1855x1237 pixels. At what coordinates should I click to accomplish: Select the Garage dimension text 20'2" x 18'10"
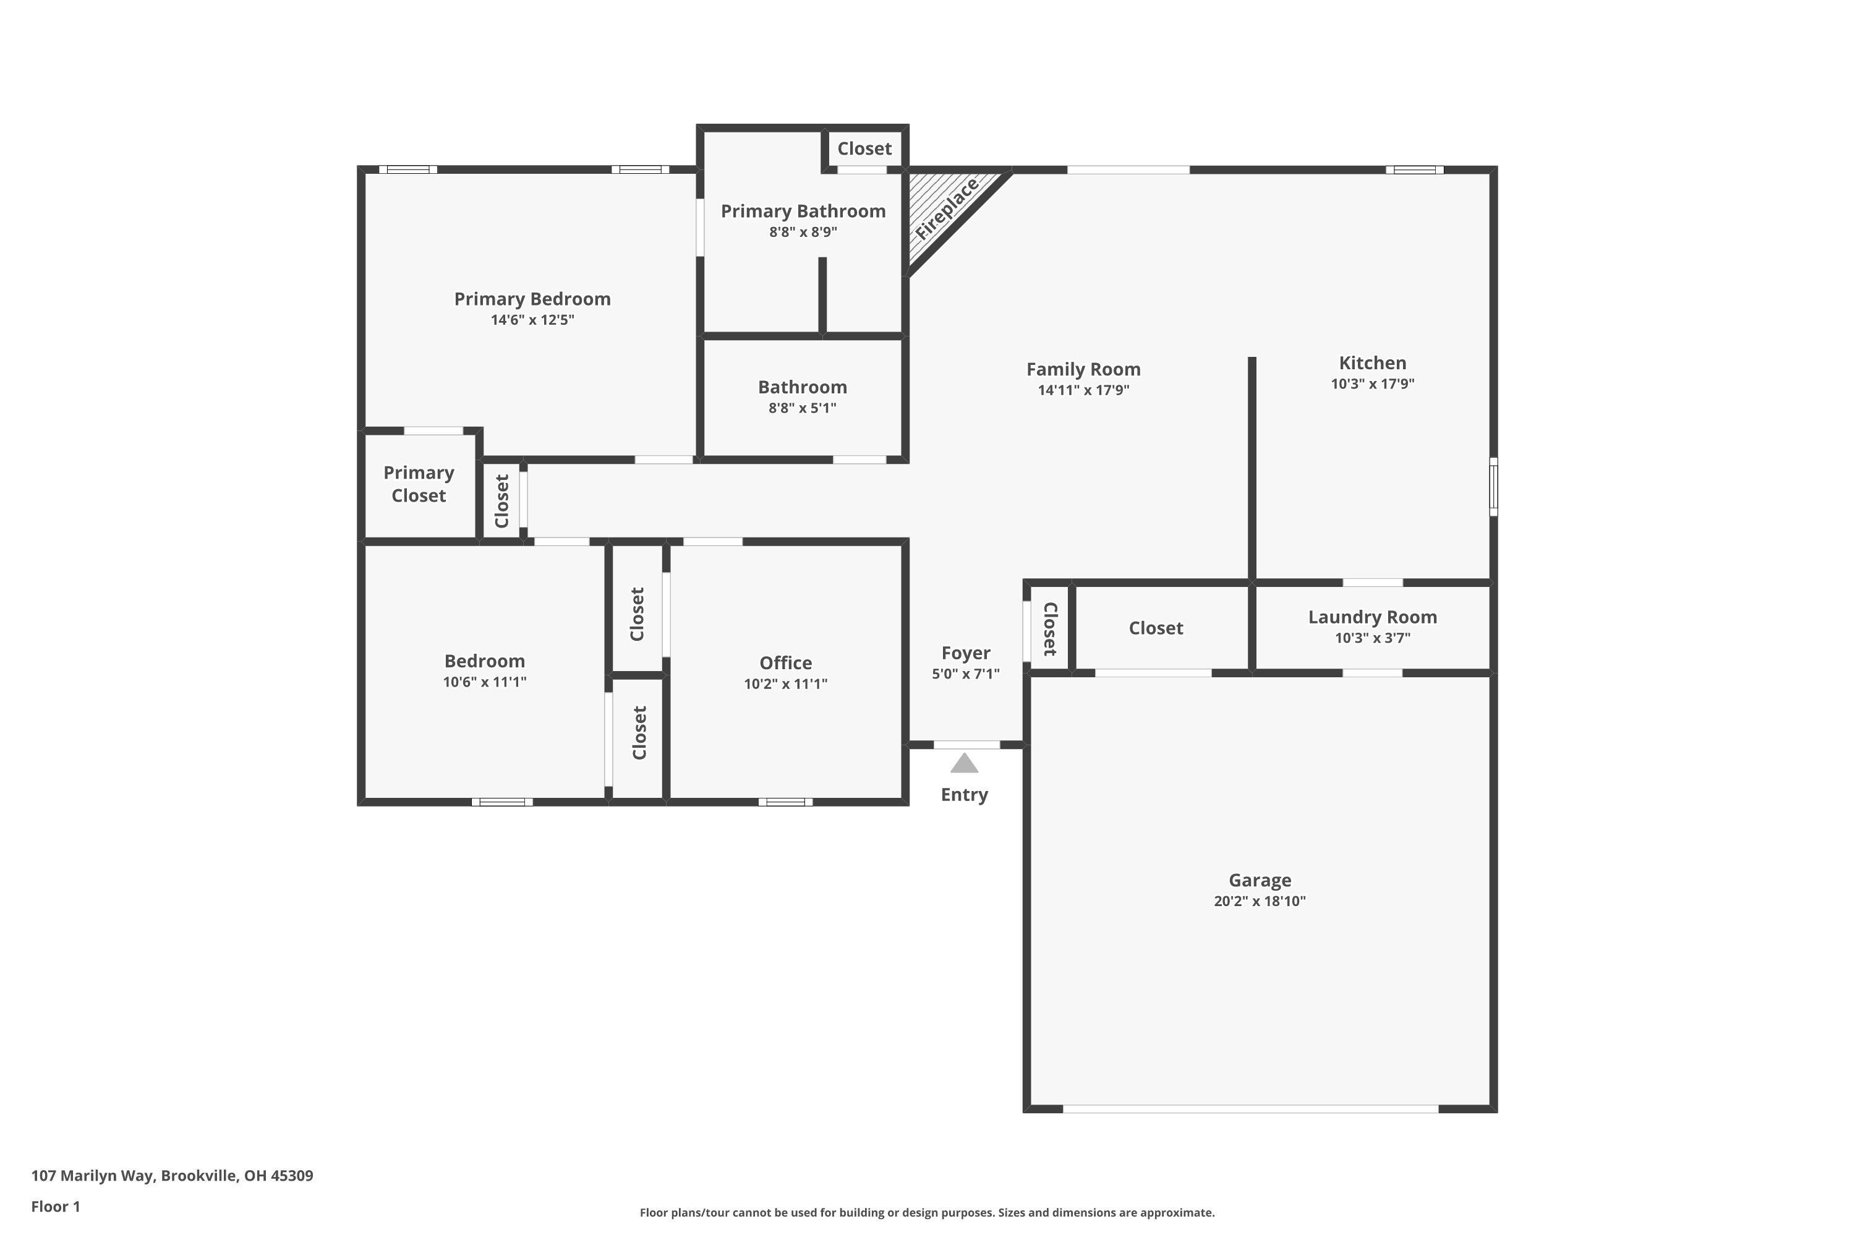point(1260,901)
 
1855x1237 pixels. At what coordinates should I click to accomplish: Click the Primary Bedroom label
point(532,299)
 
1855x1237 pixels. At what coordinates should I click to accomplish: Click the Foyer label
point(965,653)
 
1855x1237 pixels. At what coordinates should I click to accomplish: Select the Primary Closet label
point(419,484)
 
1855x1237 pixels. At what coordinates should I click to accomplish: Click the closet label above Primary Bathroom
point(864,148)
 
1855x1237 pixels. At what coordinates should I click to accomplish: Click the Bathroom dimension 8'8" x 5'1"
point(802,408)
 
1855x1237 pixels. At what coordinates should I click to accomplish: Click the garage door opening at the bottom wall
point(1250,1108)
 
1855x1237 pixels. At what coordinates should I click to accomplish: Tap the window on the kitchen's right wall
point(1493,487)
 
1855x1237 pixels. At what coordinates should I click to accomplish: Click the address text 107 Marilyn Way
point(172,1176)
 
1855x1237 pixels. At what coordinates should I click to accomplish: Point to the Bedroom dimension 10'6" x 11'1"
point(484,682)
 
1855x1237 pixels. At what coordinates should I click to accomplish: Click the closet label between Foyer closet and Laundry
point(1156,628)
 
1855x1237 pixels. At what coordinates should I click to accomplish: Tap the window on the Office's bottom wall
point(785,802)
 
